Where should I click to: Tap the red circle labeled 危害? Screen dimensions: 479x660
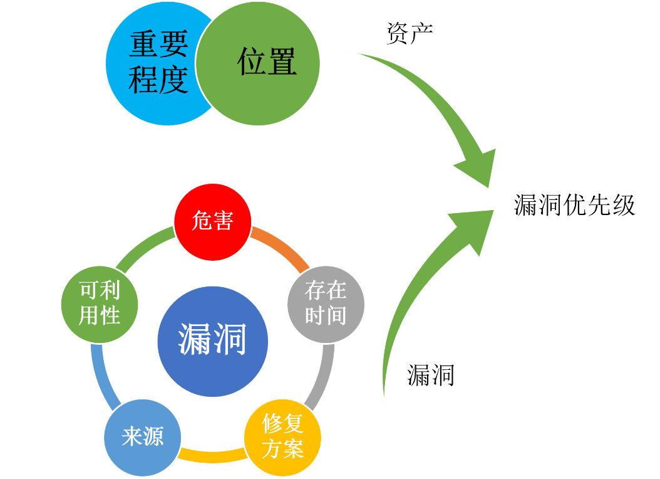(212, 221)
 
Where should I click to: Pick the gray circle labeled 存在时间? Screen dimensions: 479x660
(326, 303)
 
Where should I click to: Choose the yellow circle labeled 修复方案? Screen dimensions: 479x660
(282, 436)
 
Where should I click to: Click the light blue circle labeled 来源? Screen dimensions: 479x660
(143, 437)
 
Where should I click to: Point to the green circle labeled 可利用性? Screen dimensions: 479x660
(100, 303)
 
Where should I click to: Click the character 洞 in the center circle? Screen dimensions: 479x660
(231, 340)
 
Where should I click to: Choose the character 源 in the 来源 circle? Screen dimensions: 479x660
(153, 437)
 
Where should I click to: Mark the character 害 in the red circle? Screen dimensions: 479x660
(222, 221)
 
